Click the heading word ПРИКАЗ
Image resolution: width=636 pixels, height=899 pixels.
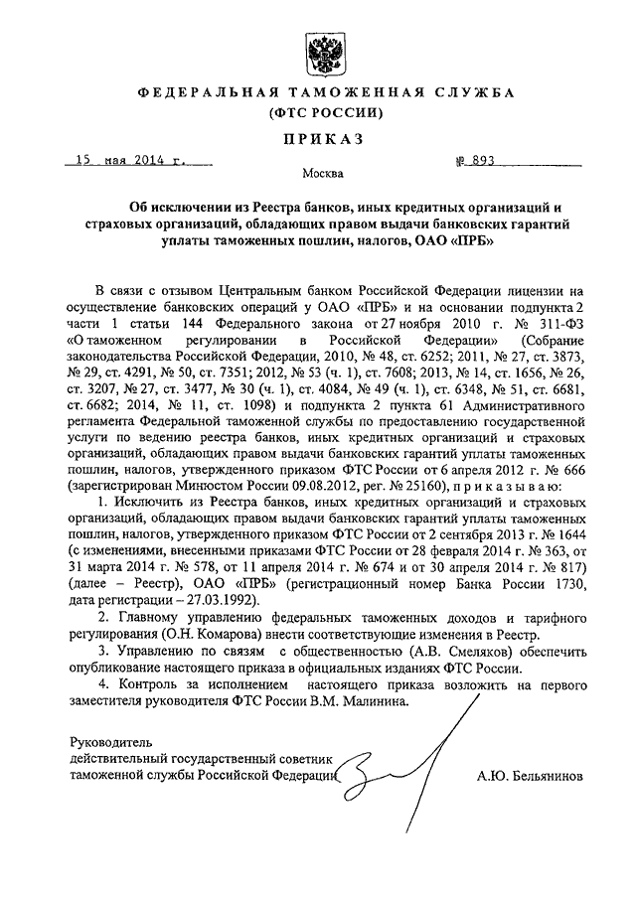click(319, 135)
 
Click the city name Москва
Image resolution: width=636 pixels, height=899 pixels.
click(319, 175)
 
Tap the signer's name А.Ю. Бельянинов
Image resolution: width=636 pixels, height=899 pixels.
click(531, 776)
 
